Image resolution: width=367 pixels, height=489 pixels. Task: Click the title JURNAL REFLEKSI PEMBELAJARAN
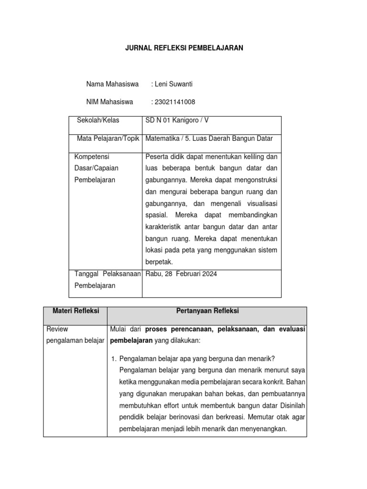point(184,48)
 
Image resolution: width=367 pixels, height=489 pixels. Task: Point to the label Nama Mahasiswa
point(112,84)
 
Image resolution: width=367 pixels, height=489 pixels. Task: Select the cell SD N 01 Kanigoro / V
point(177,120)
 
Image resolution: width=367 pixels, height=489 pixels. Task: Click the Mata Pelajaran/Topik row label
point(108,138)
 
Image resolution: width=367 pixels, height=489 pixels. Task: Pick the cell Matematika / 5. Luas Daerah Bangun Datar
point(209,138)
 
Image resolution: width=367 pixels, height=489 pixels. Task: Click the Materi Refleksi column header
point(75,311)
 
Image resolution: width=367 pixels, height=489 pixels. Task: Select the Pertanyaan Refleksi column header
point(207,311)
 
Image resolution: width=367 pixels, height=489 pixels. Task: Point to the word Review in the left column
point(57,329)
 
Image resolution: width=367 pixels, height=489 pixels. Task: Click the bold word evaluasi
point(289,329)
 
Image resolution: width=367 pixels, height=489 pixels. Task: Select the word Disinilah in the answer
point(291,405)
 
